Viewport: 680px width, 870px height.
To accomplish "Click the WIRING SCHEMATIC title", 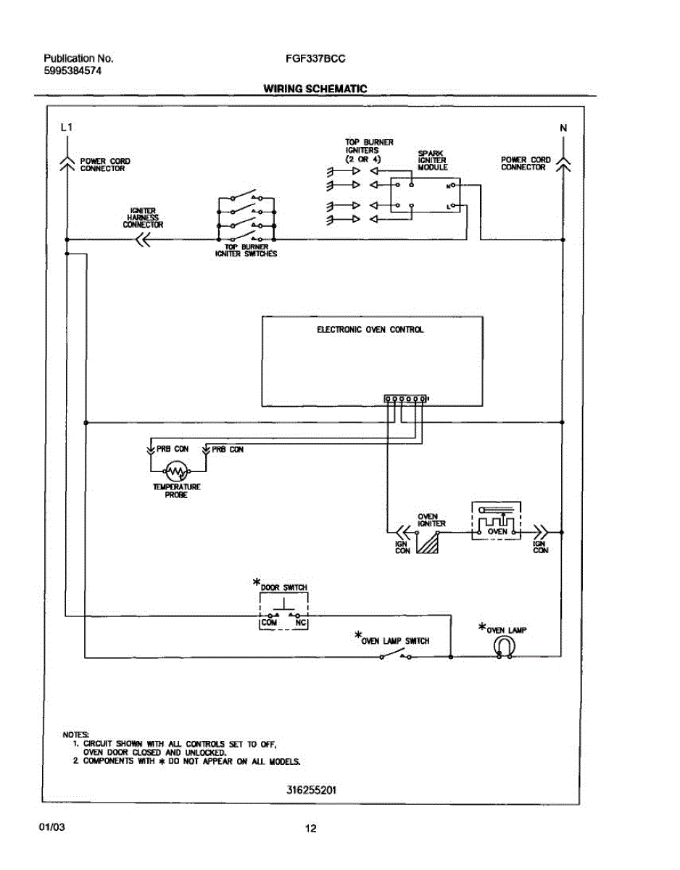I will click(x=315, y=89).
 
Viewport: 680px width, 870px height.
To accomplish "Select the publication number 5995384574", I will click(x=73, y=71).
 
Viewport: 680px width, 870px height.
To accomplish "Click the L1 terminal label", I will click(x=66, y=128).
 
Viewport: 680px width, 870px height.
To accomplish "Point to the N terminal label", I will click(x=563, y=128).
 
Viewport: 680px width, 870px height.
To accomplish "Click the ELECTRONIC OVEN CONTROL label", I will click(x=370, y=330).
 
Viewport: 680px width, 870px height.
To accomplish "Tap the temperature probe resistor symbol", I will click(x=176, y=472).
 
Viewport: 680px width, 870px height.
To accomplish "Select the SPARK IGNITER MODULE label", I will click(x=432, y=160).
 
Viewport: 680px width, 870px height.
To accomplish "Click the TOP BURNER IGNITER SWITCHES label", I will click(x=246, y=250).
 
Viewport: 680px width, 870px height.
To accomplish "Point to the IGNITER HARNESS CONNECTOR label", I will click(x=143, y=217).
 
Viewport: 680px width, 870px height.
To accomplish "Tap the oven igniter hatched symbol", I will click(x=430, y=542).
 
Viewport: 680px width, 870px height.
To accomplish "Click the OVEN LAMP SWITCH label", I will click(x=396, y=641).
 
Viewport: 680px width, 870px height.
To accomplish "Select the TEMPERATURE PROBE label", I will click(x=176, y=491).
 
